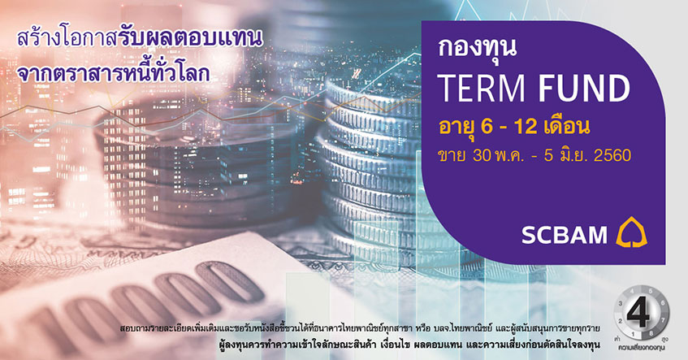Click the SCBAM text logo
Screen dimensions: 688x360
[x=565, y=235]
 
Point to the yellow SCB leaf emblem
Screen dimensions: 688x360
[x=632, y=232]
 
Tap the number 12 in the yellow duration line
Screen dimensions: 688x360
[x=526, y=127]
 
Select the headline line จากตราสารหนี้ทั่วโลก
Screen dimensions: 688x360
[x=113, y=73]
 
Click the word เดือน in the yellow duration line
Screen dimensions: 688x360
[x=566, y=127]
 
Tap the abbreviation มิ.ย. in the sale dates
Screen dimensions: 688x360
[x=574, y=155]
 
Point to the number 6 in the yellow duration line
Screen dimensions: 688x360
[x=487, y=127]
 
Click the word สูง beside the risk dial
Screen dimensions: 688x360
[x=665, y=340]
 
